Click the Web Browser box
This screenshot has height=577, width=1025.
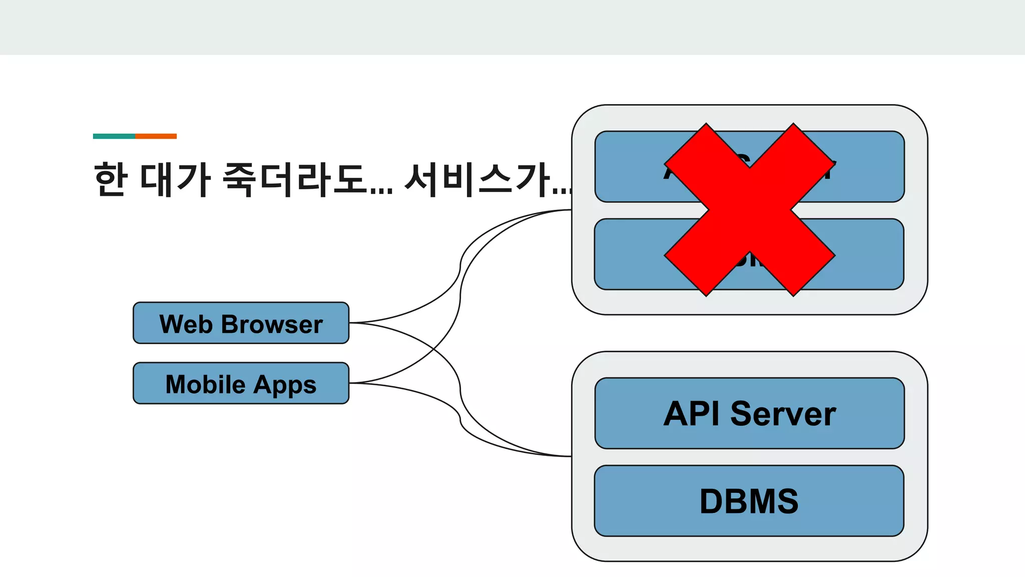pyautogui.click(x=241, y=323)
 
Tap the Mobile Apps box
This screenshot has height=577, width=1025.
pyautogui.click(x=241, y=383)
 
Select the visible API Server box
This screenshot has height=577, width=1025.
pyautogui.click(x=749, y=413)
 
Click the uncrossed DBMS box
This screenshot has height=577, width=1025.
pyautogui.click(x=749, y=501)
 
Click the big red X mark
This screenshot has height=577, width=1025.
pyautogui.click(x=749, y=209)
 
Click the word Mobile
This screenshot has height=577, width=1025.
pyautogui.click(x=205, y=385)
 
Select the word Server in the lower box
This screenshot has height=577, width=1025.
pyautogui.click(x=783, y=414)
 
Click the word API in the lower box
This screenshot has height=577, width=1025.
pyautogui.click(x=692, y=414)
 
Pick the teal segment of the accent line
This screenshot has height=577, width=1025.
pyautogui.click(x=114, y=136)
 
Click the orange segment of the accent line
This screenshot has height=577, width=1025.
pyautogui.click(x=156, y=136)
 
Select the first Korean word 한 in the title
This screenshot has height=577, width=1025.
pyautogui.click(x=110, y=179)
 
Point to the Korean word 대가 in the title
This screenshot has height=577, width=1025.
pyautogui.click(x=175, y=179)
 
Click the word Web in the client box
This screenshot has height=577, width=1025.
pyautogui.click(x=186, y=324)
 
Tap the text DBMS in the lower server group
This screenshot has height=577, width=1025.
pyautogui.click(x=749, y=501)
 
